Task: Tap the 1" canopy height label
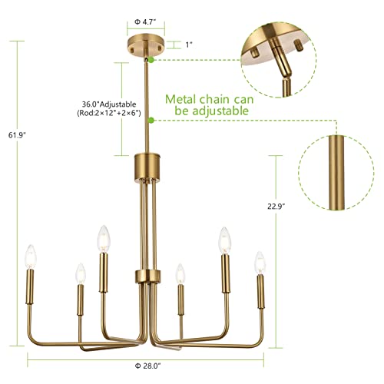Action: coord(189,45)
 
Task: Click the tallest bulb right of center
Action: coord(225,239)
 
